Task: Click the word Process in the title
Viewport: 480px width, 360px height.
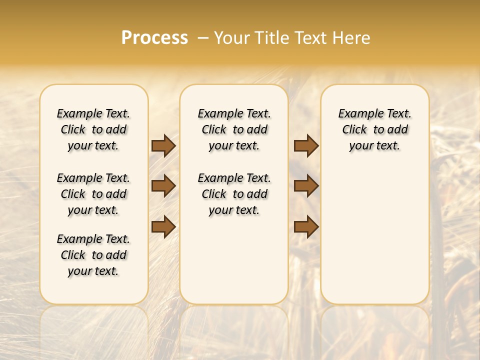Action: (x=154, y=38)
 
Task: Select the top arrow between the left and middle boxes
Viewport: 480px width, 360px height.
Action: (x=163, y=146)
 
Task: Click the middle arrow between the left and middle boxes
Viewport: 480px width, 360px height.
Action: (x=163, y=186)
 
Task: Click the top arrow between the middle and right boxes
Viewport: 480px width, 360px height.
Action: (x=306, y=146)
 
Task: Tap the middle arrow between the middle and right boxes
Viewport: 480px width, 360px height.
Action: (x=306, y=186)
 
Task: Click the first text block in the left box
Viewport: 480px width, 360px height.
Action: (x=93, y=129)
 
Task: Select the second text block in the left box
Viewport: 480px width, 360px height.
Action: (x=93, y=194)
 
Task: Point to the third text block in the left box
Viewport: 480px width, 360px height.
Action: (x=93, y=255)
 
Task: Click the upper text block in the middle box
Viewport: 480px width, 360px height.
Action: (x=234, y=129)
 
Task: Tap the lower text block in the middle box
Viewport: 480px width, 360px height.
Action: (x=234, y=194)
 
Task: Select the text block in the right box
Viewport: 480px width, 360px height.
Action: (x=375, y=129)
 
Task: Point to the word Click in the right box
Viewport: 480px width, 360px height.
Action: (x=354, y=130)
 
